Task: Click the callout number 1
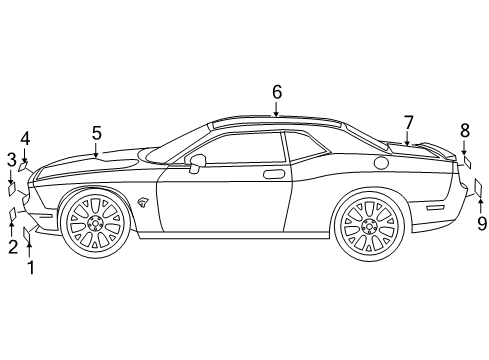(x=30, y=267)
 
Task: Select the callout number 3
(x=11, y=159)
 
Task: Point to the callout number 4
(x=24, y=139)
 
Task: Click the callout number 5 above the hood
(x=97, y=132)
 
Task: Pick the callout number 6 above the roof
(x=276, y=91)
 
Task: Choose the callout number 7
(x=408, y=122)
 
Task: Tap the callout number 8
(x=465, y=129)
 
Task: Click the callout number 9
(x=481, y=224)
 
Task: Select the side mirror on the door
(x=196, y=162)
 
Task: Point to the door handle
(x=272, y=174)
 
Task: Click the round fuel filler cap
(x=381, y=163)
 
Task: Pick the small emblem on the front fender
(x=144, y=202)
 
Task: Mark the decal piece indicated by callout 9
(x=480, y=187)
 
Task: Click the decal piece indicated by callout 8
(x=465, y=159)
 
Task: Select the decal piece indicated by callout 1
(x=28, y=233)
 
